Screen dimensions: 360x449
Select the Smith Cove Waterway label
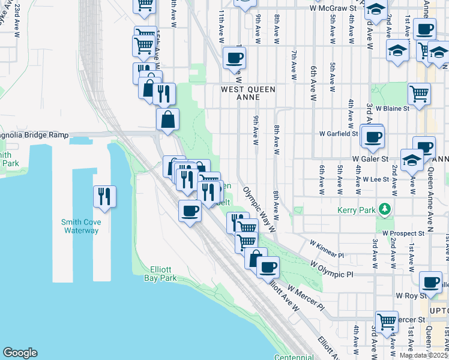click(x=81, y=226)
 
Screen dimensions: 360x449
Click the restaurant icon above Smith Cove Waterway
click(x=104, y=196)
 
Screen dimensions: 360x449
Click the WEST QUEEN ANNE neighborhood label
click(x=248, y=89)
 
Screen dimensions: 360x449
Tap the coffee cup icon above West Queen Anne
click(x=234, y=59)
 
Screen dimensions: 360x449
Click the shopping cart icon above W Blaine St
click(x=419, y=93)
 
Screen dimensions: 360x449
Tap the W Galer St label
click(x=372, y=158)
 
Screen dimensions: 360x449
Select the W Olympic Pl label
click(x=333, y=269)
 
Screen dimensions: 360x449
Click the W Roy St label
click(x=411, y=296)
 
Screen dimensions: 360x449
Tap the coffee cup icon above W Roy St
click(x=430, y=282)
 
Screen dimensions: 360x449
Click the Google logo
click(x=20, y=353)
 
